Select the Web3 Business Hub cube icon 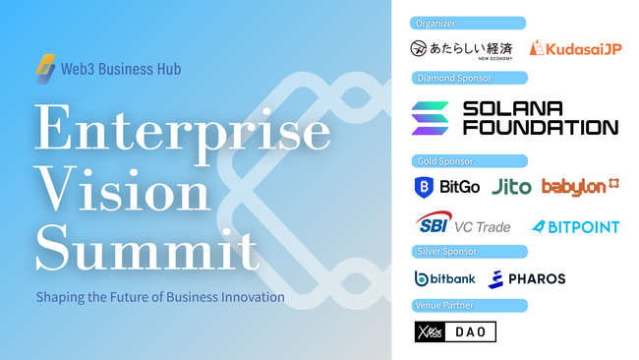coord(46,70)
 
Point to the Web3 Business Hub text coord(122,71)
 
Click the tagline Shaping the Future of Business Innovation coord(160,296)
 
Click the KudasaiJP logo coord(576,48)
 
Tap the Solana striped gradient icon coord(430,118)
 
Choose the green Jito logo coord(510,186)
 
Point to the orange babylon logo coord(580,185)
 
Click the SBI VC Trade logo coord(462,225)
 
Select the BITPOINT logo coord(575,226)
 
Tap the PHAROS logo coord(526,278)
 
